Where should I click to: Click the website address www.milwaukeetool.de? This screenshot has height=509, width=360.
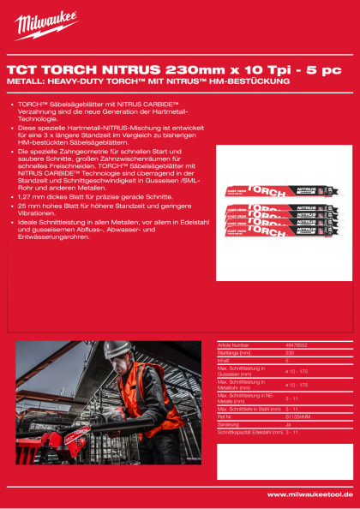[x=309, y=494]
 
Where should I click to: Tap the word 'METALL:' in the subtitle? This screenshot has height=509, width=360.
[x=24, y=81]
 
